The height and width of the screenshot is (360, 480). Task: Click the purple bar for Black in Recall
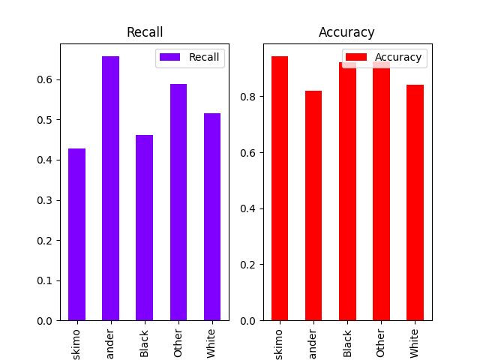[x=144, y=228]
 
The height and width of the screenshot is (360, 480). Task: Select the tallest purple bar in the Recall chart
[x=110, y=188]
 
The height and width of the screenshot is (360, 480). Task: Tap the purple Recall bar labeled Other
[x=178, y=202]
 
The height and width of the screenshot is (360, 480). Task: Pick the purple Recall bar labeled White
[x=212, y=217]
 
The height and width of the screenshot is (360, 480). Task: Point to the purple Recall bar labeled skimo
[x=76, y=235]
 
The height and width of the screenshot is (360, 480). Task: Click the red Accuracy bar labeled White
[x=415, y=202]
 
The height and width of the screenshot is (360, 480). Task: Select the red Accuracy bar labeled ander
[x=313, y=205]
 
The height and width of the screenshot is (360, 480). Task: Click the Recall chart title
[x=145, y=32]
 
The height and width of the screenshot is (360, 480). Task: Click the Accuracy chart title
[x=346, y=32]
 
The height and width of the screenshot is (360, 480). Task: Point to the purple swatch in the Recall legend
[x=170, y=58]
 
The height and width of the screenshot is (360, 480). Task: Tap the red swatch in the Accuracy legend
[x=357, y=58]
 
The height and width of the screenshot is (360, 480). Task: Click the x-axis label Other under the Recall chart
[x=178, y=340]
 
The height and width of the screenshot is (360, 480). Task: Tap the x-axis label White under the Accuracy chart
[x=415, y=341]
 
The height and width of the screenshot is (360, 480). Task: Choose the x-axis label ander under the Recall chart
[x=110, y=341]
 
